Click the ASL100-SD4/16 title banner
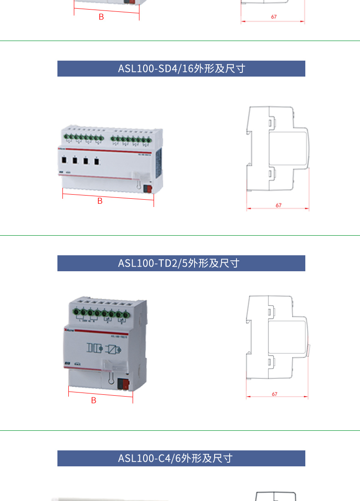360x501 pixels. point(181,68)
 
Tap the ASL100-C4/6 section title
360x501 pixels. point(175,458)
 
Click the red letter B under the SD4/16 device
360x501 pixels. point(100,201)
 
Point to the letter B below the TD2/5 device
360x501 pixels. point(93,400)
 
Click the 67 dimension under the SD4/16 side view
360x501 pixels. point(278,205)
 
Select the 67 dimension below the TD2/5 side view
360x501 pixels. point(274,394)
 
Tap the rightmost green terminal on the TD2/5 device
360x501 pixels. point(125,314)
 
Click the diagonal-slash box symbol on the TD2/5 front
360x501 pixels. point(112,350)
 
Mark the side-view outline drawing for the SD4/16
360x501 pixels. point(277,152)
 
